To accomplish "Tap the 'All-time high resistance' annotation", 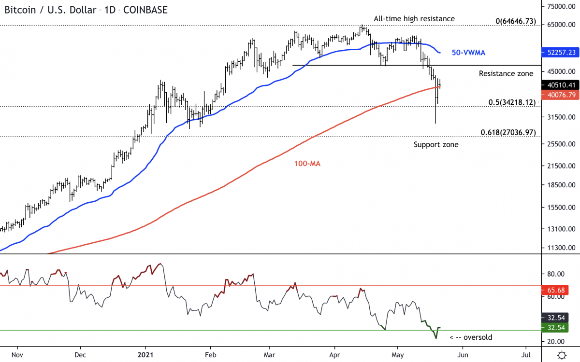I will pos(414,19).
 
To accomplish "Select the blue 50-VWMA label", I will pos(468,52).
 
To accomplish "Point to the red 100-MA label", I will pos(307,164).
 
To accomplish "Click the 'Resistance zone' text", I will pos(506,74).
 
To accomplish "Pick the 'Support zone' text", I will pos(436,144).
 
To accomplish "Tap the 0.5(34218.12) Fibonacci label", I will pos(511,102).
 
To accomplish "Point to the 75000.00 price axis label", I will pos(560,7).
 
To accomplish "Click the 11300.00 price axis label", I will pos(560,248).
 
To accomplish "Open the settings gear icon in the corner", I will pos(562,355).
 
